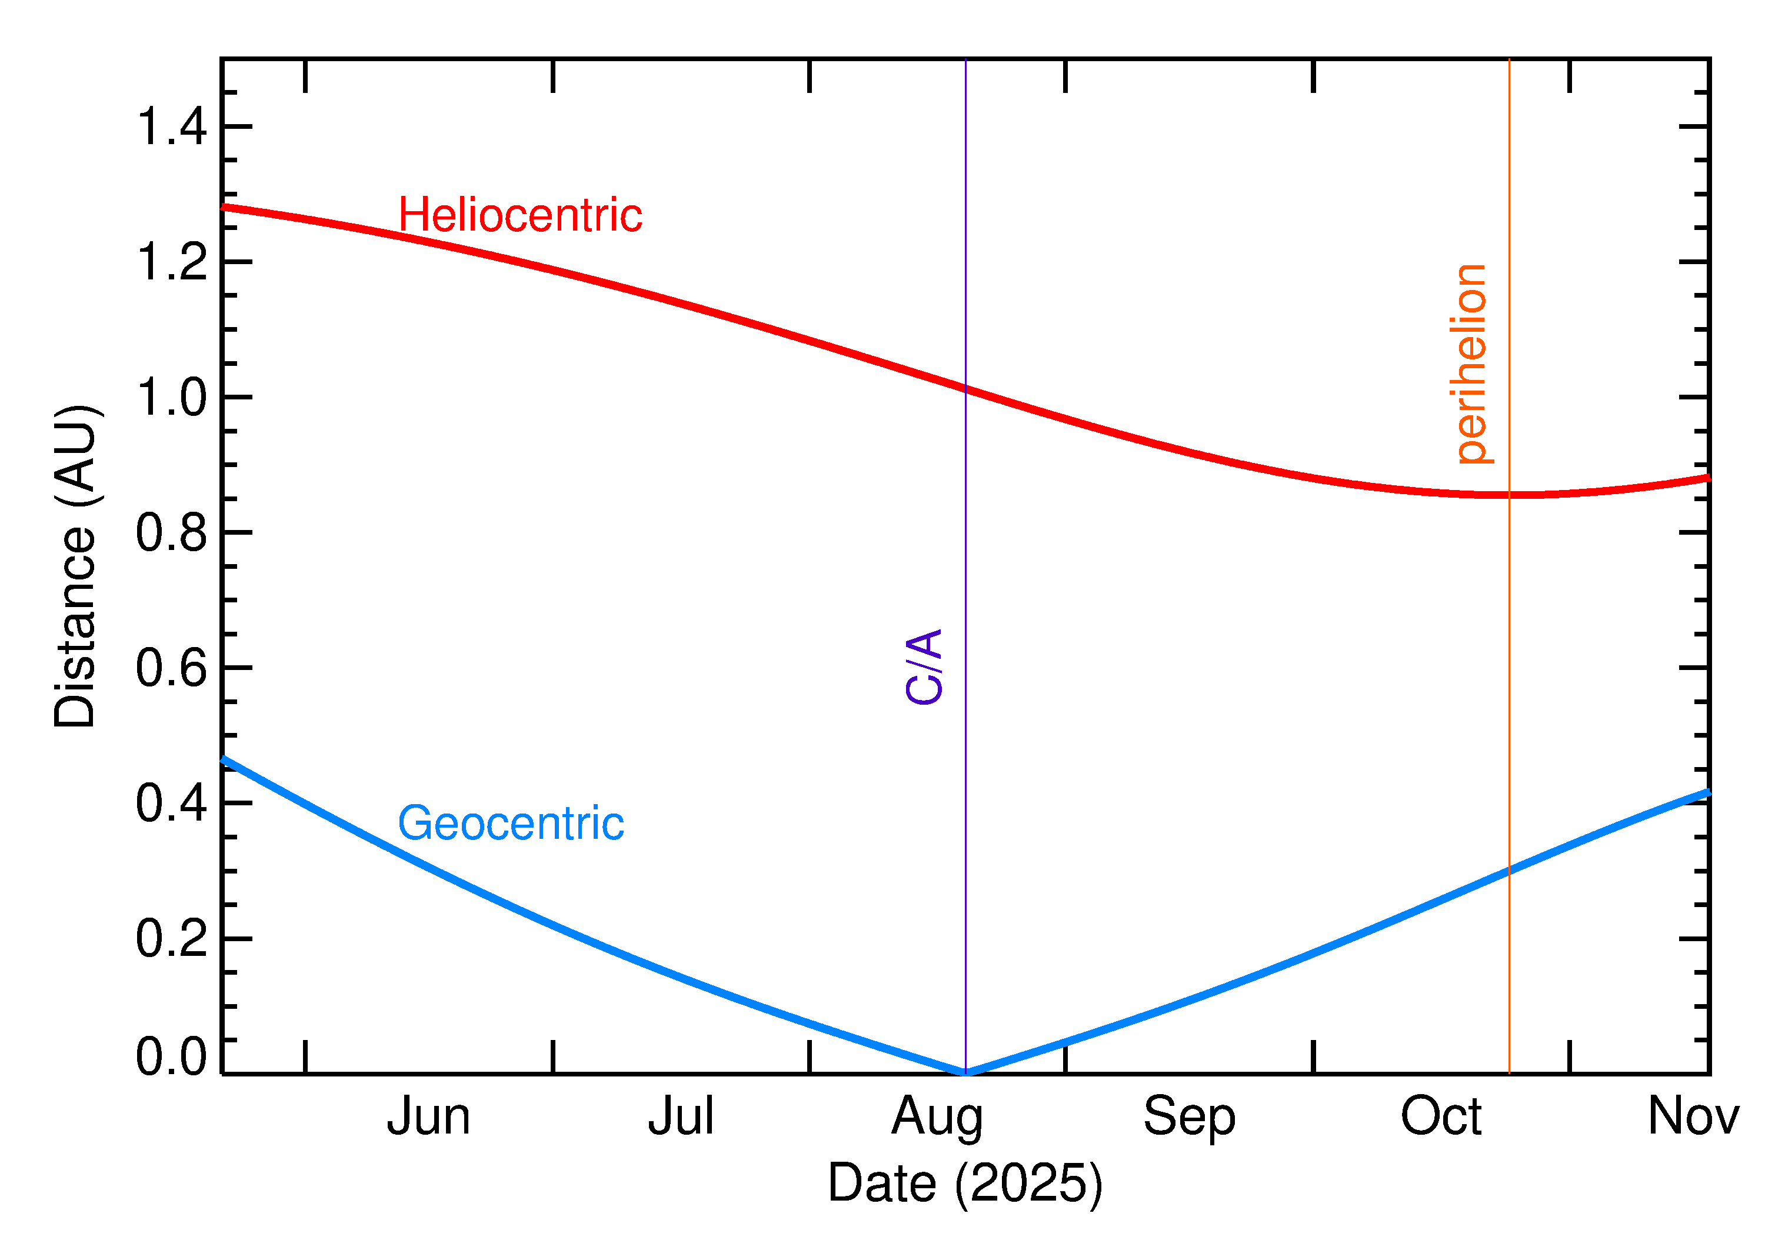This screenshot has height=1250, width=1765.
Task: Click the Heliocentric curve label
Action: (x=519, y=215)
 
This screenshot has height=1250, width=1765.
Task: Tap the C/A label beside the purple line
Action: (x=924, y=666)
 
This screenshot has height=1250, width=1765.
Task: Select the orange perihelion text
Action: (x=1471, y=364)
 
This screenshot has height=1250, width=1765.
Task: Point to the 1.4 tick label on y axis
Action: (x=172, y=127)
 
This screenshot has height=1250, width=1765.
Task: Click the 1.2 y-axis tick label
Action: (x=172, y=262)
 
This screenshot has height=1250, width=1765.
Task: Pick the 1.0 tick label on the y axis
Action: (x=172, y=398)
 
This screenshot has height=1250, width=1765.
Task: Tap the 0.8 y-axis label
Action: (x=172, y=532)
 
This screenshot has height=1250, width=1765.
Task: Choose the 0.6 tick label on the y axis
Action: (x=172, y=668)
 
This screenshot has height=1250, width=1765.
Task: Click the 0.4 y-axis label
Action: (x=172, y=804)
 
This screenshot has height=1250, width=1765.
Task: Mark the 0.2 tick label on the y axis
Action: (x=172, y=939)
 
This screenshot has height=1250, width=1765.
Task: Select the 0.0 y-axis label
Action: (x=172, y=1057)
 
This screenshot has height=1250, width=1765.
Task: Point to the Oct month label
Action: (x=1440, y=1117)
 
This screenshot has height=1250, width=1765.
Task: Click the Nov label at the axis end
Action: (x=1693, y=1117)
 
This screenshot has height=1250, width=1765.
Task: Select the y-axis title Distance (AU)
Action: (x=75, y=566)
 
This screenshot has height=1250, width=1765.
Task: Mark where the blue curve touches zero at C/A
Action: (x=965, y=1072)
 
